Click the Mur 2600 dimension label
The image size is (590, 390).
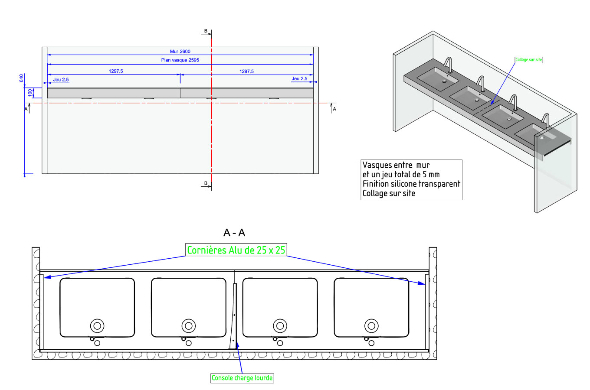pyautogui.click(x=180, y=51)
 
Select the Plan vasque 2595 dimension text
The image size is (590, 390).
pyautogui.click(x=180, y=60)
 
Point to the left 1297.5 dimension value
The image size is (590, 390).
pyautogui.click(x=116, y=71)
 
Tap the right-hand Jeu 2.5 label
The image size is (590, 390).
pyautogui.click(x=299, y=79)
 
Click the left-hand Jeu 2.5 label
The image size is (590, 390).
pyautogui.click(x=61, y=80)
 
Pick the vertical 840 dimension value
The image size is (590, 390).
pyautogui.click(x=21, y=78)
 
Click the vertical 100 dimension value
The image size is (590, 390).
pyautogui.click(x=30, y=93)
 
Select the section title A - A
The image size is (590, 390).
pyautogui.click(x=234, y=233)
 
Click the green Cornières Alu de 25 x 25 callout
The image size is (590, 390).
pyautogui.click(x=236, y=250)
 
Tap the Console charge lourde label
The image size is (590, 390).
pyautogui.click(x=242, y=378)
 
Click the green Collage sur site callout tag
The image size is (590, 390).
pyautogui.click(x=528, y=60)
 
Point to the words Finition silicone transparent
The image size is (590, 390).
pyautogui.click(x=411, y=184)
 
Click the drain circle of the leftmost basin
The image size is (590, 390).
pyautogui.click(x=97, y=325)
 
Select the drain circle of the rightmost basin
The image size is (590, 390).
pyautogui.click(x=371, y=325)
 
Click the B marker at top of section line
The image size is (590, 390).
pyautogui.click(x=206, y=31)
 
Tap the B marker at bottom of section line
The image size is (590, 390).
pyautogui.click(x=206, y=184)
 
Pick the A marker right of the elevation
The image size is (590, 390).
pyautogui.click(x=334, y=109)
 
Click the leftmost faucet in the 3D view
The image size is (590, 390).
pyautogui.click(x=449, y=65)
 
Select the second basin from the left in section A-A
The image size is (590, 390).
pyautogui.click(x=188, y=307)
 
